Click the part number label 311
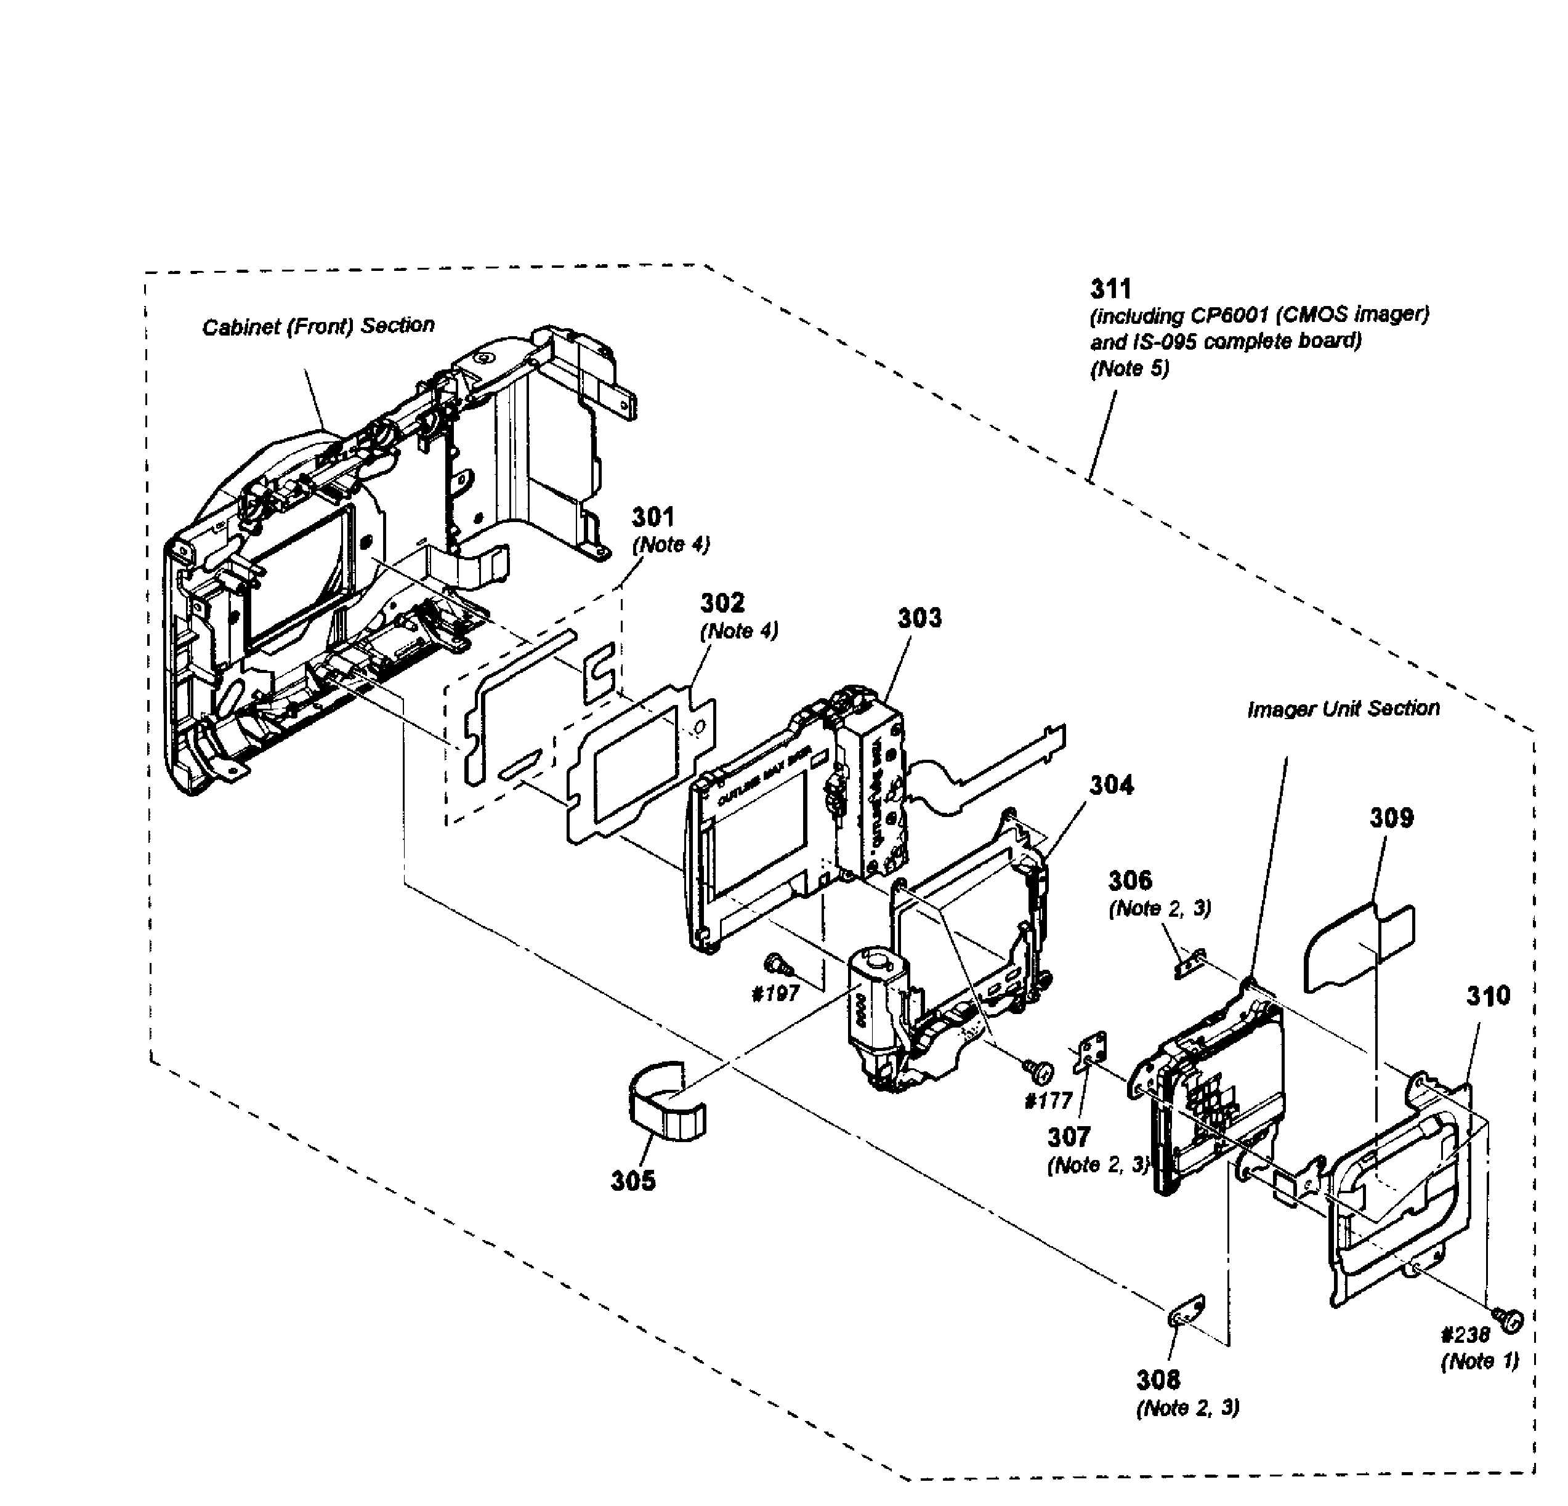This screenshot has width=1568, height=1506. (1110, 289)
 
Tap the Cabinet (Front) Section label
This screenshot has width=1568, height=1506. (318, 326)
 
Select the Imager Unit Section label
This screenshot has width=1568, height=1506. (1343, 708)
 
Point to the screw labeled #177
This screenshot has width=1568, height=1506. (1041, 1067)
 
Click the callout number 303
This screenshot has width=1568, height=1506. (919, 618)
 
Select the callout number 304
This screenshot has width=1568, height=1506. (1111, 784)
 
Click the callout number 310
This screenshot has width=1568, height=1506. (1488, 996)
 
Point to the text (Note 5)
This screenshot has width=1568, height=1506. (1130, 369)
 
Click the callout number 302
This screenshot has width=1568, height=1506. (722, 602)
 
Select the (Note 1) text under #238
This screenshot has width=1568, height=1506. (1479, 1361)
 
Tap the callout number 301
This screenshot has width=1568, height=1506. (653, 517)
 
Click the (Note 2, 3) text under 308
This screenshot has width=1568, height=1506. (1187, 1407)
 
